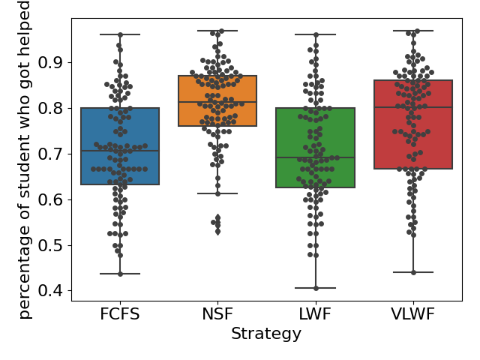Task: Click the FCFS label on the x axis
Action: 120,314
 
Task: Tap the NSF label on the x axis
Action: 217,314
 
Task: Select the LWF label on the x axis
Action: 315,314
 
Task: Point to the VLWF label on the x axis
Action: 413,314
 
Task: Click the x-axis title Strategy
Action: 266,334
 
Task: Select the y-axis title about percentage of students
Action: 25,160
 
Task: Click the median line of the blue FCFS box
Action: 120,151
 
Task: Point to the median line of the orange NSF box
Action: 217,102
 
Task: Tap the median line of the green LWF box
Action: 315,157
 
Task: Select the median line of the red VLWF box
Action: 413,107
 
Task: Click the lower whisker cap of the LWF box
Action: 315,288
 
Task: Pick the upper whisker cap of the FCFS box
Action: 120,34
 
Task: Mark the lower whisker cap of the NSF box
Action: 217,193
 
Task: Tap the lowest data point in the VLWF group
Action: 413,272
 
